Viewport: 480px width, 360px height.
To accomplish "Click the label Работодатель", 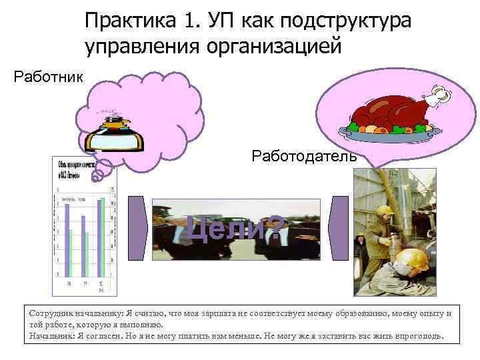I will (304, 157).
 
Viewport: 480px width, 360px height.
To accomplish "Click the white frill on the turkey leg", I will (438, 97).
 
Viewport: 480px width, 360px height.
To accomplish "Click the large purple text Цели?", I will (235, 230).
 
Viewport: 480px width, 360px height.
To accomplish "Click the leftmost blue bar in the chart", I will (66, 240).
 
